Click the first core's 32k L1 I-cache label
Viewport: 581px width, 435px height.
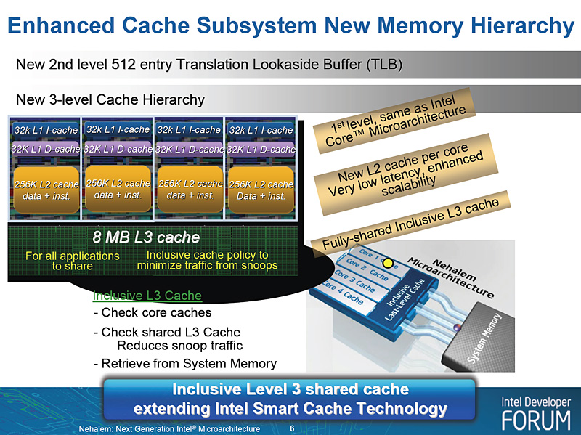[44, 130]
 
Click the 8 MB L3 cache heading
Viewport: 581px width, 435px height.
[146, 237]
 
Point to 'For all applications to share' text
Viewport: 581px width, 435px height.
[72, 261]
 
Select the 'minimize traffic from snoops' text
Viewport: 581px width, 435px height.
[208, 266]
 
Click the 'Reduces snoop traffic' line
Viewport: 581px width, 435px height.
[179, 345]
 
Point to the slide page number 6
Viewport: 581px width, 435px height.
[291, 428]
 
